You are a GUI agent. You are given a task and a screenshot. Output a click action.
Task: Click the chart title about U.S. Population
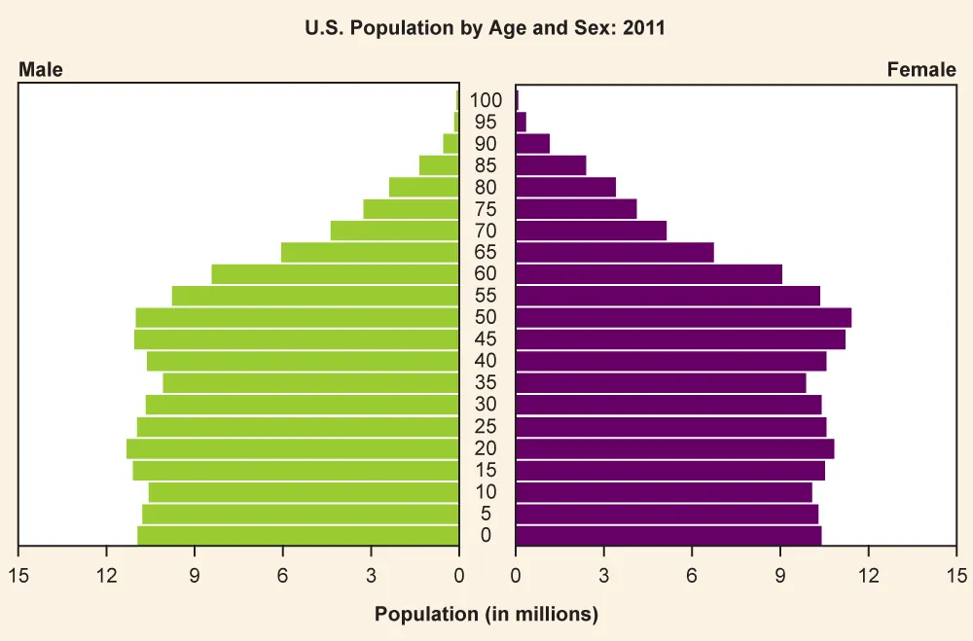point(486,28)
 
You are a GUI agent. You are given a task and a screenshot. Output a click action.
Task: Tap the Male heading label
point(40,70)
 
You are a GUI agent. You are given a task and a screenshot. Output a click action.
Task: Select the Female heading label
point(920,70)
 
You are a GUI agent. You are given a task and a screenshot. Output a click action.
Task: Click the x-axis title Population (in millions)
point(486,614)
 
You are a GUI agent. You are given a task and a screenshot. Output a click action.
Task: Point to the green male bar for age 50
point(297,317)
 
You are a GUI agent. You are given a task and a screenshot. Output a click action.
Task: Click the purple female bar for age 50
point(683,317)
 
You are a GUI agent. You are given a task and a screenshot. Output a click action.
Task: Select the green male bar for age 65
point(370,252)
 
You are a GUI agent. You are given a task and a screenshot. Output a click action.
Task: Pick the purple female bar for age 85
point(551,165)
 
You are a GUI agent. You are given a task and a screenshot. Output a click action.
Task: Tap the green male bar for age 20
point(292,448)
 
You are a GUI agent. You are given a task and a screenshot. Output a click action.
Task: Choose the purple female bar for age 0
point(668,536)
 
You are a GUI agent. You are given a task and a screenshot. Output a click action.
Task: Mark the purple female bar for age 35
point(661,382)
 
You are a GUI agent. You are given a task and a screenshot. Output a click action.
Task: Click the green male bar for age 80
point(423,187)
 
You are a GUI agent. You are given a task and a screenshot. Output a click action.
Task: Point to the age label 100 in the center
point(486,100)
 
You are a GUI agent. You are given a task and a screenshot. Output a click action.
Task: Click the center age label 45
point(486,339)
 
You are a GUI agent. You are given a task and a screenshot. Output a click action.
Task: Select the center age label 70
point(486,231)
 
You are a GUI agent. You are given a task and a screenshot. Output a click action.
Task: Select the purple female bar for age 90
point(532,144)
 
